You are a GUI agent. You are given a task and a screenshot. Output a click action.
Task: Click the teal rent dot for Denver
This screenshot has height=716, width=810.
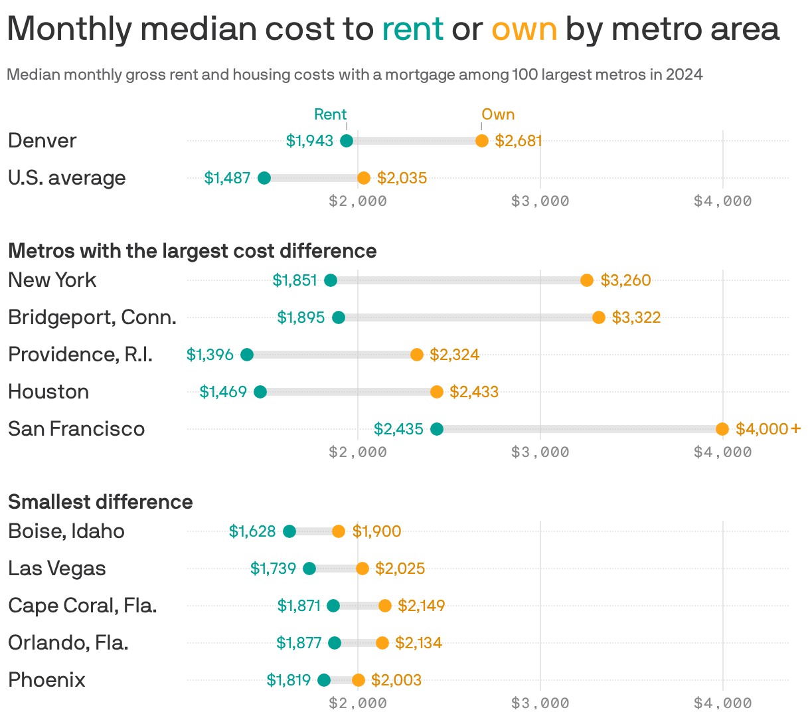pos(347,141)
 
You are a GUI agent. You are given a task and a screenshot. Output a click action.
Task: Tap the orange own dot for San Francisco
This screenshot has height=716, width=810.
pos(722,429)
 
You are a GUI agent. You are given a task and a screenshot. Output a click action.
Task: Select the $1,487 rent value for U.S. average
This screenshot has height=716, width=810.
pos(227,178)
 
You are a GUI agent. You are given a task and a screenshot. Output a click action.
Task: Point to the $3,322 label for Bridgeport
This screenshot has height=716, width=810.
pos(636,317)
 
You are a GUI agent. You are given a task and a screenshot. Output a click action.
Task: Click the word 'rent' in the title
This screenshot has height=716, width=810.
pos(412,29)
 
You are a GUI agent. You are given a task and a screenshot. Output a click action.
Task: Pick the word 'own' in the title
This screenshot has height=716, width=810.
pos(524,29)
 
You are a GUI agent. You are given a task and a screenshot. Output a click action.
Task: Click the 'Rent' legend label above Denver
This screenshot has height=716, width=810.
pos(331,114)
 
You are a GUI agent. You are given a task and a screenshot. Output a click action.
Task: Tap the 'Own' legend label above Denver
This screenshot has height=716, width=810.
pos(498,114)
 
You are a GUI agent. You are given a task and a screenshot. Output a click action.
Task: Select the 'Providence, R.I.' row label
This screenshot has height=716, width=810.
pos(80,355)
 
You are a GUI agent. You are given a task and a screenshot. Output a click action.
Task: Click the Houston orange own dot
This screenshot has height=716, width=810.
pos(437,392)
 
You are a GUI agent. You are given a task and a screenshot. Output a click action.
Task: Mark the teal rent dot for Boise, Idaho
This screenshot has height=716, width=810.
pos(289,531)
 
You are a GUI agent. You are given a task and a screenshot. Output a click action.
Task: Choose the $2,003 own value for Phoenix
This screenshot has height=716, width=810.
pos(396,680)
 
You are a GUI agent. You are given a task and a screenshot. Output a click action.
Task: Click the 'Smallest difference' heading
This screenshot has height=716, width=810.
pos(100,502)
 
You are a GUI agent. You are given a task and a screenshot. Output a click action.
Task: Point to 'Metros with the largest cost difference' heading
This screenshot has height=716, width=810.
pos(193,251)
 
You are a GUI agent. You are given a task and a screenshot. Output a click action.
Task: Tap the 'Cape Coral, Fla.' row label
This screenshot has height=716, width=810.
pos(82,606)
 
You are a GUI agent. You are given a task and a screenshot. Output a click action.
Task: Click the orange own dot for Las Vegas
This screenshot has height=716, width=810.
pos(363,569)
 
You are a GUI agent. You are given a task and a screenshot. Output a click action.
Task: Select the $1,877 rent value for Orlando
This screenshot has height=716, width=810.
pos(299,643)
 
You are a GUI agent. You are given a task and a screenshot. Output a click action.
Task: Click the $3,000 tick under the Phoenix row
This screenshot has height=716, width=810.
pos(540,703)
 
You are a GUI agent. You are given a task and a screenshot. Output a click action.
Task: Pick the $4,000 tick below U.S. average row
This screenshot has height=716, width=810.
pos(722,201)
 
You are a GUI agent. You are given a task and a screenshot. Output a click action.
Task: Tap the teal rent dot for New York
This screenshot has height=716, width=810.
pos(331,280)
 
